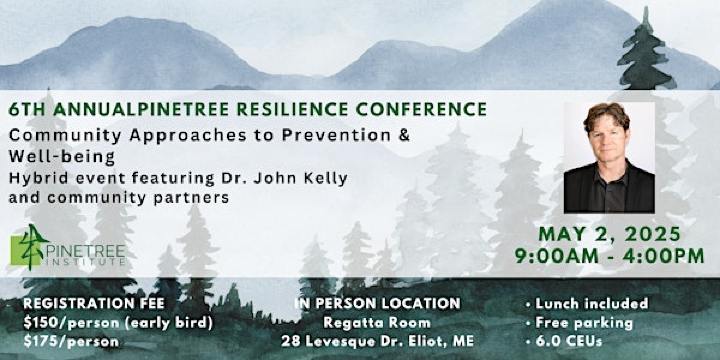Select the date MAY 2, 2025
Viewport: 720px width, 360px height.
coord(611,236)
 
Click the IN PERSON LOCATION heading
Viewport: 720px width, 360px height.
coord(377,303)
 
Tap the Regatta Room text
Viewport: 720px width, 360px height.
coord(376,321)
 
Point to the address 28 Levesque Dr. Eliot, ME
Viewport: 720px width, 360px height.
coord(376,340)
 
